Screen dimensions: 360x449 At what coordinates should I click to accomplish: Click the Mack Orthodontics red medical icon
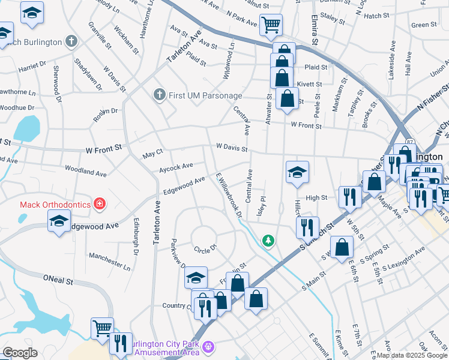[100, 205]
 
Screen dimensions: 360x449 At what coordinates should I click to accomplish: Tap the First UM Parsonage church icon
[159, 95]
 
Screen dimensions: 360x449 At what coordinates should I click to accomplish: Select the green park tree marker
[268, 241]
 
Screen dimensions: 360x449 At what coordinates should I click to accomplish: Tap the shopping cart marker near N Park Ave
[271, 25]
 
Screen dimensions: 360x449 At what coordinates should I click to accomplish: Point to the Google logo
[20, 353]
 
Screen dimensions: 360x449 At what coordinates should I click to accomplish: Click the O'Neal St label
[58, 280]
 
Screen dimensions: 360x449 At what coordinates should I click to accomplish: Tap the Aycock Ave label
[176, 166]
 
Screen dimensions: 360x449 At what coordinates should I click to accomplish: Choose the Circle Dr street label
[205, 248]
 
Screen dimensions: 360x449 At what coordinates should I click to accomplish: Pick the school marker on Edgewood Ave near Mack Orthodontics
[59, 221]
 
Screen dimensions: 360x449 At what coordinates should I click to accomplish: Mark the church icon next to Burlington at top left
[71, 41]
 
